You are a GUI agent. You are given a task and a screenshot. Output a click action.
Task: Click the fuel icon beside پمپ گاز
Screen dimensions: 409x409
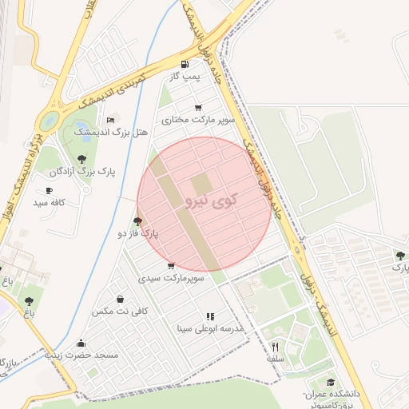[x=186, y=64]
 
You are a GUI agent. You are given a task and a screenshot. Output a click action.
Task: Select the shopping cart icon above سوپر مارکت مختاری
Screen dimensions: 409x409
[x=198, y=108]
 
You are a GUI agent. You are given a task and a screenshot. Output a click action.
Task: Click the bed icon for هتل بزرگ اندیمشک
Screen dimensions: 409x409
[x=110, y=120]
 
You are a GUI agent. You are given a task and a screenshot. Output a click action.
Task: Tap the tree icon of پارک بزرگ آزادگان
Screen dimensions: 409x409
[x=81, y=159]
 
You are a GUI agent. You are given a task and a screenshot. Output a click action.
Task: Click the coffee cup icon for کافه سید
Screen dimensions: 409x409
[x=50, y=191]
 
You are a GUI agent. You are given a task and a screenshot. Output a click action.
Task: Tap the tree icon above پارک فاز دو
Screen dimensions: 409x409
[x=138, y=221]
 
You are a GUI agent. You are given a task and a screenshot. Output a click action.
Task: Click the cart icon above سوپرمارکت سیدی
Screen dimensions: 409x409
[x=171, y=266]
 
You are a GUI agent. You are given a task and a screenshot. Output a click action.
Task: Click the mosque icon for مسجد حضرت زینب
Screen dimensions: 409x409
[x=81, y=343]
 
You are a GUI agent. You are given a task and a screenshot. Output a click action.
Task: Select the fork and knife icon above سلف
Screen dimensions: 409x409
[x=276, y=347]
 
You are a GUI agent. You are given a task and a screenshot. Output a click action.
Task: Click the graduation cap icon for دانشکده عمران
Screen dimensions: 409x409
[x=331, y=383]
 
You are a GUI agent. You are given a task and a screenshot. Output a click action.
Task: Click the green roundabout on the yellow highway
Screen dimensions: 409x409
[x=49, y=122]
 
